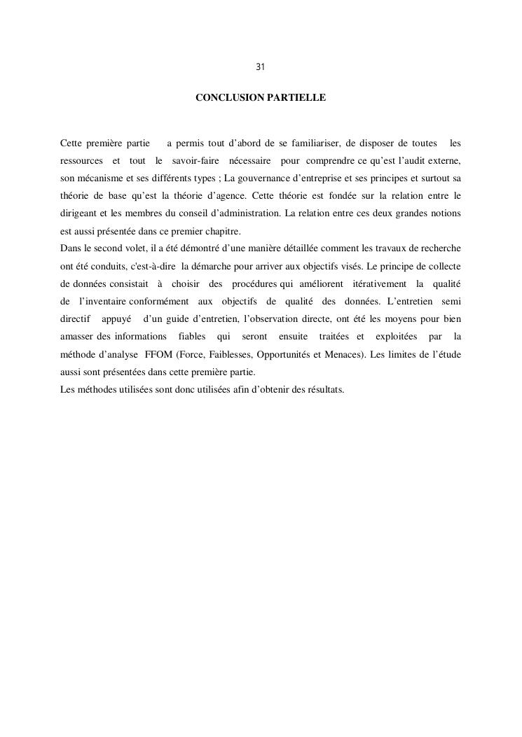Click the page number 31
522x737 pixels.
[260, 67]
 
